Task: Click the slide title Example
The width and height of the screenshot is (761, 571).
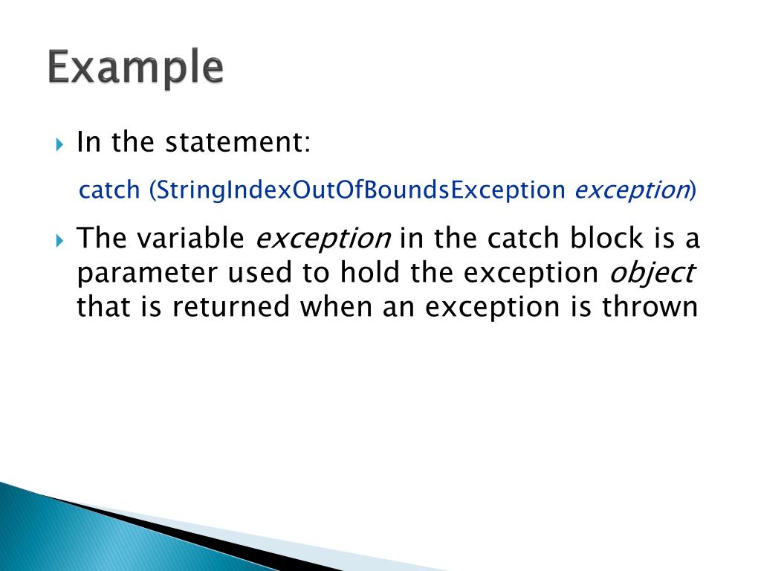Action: coord(136,68)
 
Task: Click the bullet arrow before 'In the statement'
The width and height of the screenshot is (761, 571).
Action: coord(61,143)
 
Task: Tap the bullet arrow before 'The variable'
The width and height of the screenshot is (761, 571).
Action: coord(61,240)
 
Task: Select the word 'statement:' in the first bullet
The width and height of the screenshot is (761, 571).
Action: coord(238,142)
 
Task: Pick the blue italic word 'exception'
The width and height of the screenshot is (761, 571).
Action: coord(631,190)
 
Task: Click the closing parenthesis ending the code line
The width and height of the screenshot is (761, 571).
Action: coord(693,190)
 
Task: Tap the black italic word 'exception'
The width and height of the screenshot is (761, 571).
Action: coord(323,239)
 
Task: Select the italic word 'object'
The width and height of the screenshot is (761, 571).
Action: coord(652,273)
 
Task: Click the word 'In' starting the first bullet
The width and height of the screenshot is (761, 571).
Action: coord(88,142)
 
